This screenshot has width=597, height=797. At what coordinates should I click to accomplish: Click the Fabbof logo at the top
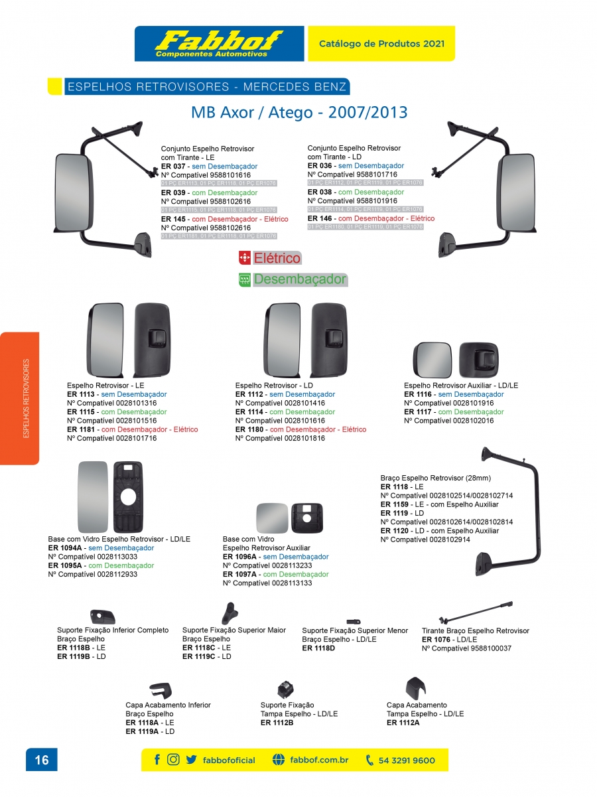[x=219, y=43]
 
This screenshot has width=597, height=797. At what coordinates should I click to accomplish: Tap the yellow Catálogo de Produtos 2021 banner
[x=381, y=44]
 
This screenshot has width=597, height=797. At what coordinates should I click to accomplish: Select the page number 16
[x=41, y=760]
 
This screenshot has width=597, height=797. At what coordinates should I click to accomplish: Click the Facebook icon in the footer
[x=157, y=760]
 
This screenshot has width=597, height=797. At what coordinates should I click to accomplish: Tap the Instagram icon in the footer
[x=173, y=760]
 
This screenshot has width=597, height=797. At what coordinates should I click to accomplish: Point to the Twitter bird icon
[x=191, y=760]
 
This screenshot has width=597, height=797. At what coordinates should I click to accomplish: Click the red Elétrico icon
[x=244, y=258]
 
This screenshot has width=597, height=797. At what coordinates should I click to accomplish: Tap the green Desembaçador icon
[x=244, y=280]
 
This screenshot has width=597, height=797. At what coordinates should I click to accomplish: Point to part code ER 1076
[x=436, y=640]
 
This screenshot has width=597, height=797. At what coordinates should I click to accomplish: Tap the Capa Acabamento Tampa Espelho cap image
[x=415, y=687]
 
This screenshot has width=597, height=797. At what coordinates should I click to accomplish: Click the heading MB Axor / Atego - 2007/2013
[x=299, y=111]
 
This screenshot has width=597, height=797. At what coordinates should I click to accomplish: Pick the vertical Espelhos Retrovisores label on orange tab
[x=27, y=398]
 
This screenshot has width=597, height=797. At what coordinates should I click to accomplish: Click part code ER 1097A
[x=240, y=574]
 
